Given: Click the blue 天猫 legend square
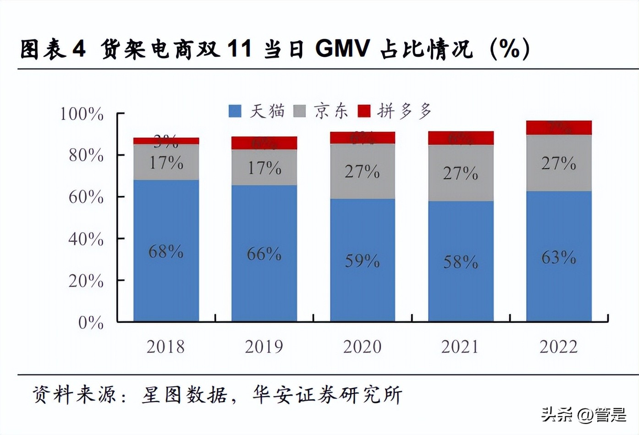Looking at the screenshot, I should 235,111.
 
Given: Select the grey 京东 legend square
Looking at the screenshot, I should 299,111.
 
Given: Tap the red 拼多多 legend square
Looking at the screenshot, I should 364,111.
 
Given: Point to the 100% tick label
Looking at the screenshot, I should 82,114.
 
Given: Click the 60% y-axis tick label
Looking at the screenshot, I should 86,197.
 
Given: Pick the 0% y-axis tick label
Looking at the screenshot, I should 91,323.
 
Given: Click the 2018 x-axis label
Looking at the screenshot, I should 165,347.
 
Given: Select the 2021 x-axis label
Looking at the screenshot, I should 460,347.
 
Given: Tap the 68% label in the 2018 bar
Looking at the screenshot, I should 165,251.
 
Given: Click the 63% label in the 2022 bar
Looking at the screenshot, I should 558,258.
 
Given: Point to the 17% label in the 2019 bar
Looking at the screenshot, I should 264,168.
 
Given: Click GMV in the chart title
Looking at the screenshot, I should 342,49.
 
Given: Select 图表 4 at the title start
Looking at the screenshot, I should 53,49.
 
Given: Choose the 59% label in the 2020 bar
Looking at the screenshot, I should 362,261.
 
